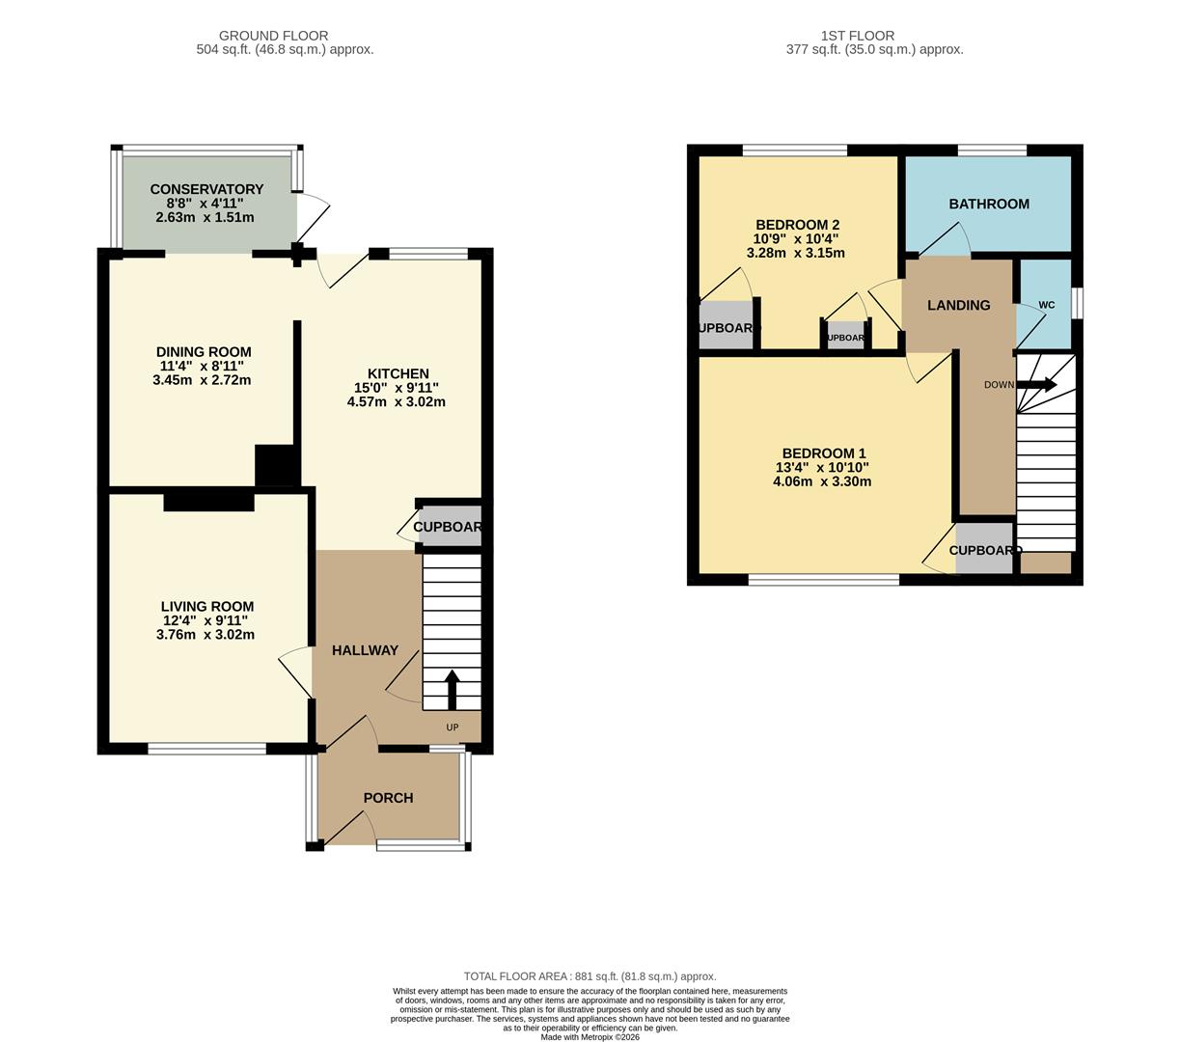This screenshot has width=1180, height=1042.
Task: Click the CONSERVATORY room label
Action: tap(206, 189)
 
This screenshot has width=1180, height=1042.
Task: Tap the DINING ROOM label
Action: tap(204, 352)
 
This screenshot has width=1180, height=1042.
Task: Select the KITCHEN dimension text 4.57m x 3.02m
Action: tap(397, 401)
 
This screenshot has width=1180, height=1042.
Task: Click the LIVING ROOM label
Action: tap(207, 607)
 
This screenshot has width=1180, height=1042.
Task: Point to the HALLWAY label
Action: tap(365, 650)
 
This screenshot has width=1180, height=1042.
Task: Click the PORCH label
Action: tap(388, 798)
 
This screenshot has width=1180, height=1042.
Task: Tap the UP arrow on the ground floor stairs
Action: tap(452, 689)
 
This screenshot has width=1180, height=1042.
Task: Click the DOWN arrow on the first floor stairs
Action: tap(1036, 384)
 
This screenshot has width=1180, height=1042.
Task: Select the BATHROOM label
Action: tap(989, 204)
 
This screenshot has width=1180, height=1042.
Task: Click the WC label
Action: tap(1047, 305)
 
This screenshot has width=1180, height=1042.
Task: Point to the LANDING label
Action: tap(958, 305)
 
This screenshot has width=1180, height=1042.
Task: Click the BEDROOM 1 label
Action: tap(824, 453)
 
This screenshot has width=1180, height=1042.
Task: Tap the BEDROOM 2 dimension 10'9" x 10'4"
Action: tap(796, 238)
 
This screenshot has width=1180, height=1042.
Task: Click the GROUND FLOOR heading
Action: tap(273, 36)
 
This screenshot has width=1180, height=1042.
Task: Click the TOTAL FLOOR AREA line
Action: tap(590, 976)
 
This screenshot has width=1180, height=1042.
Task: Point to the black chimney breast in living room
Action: tap(208, 502)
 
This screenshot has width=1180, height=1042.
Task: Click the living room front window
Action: tap(206, 749)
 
